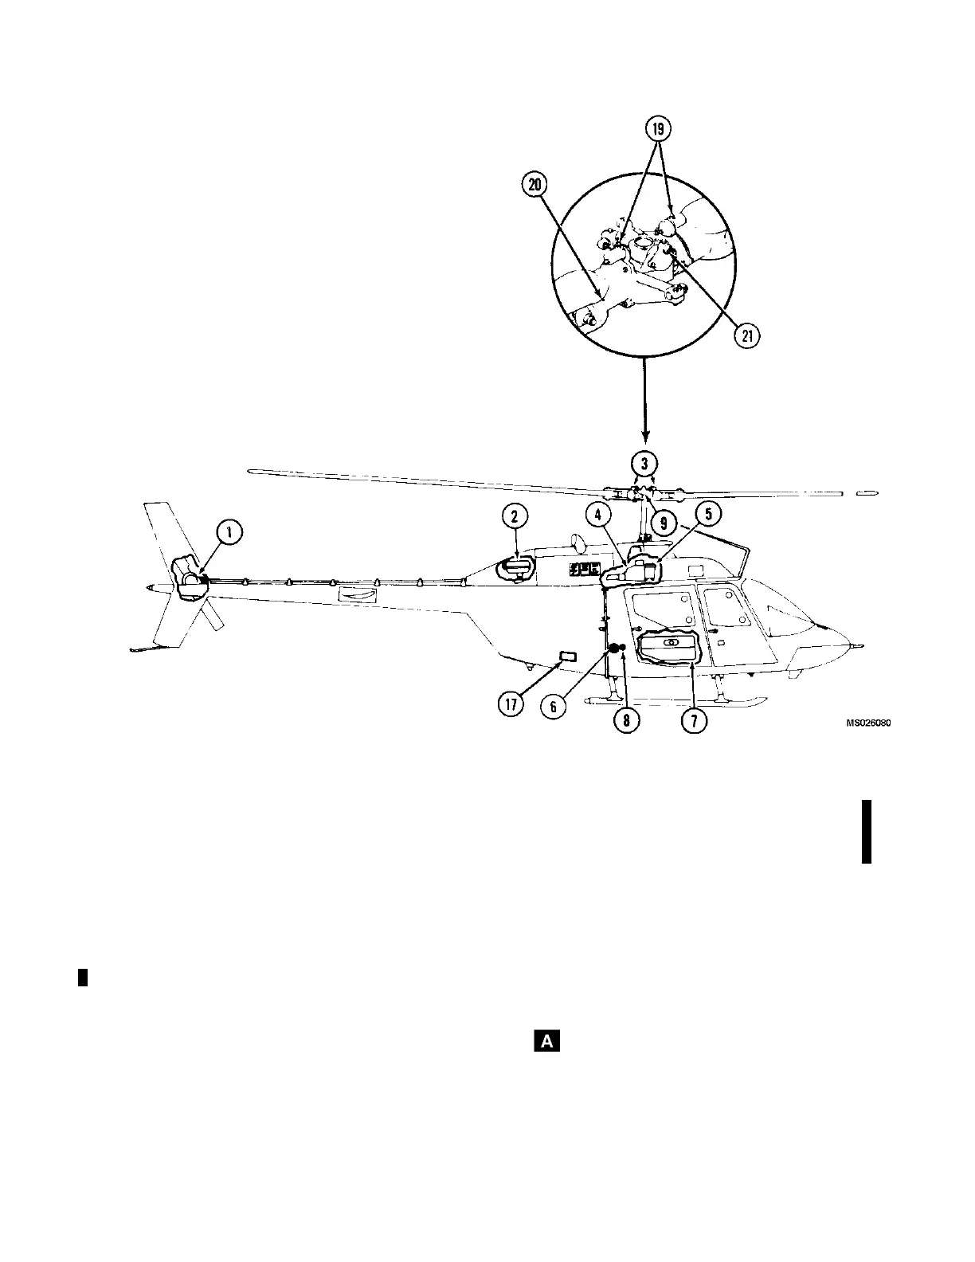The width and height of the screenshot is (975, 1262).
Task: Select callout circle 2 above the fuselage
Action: [x=515, y=516]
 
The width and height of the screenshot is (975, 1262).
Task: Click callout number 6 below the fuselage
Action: [x=554, y=707]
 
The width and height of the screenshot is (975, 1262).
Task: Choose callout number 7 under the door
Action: [x=693, y=720]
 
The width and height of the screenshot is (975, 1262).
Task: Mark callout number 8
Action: [x=626, y=720]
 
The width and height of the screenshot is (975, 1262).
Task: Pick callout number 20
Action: [x=534, y=186]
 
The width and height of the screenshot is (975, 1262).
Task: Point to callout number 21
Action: [x=746, y=336]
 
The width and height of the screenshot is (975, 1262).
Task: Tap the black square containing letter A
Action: [x=547, y=1040]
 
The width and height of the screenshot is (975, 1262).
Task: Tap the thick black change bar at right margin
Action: [x=867, y=832]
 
